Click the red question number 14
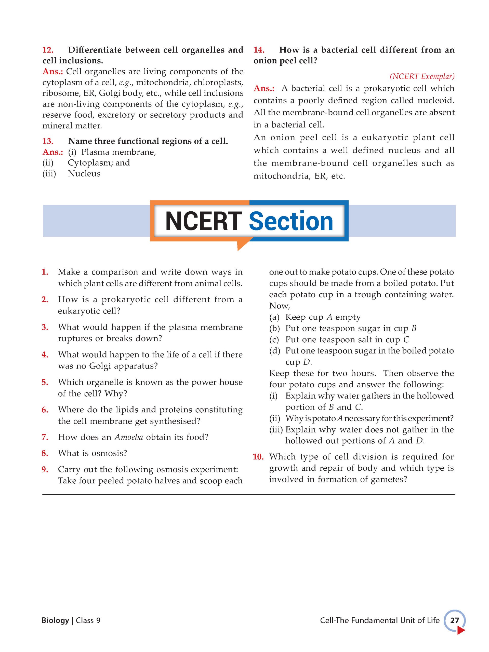click(259, 50)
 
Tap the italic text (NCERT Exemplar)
click(422, 76)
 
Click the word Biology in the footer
click(55, 620)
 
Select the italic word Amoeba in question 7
click(129, 437)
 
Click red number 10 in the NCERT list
click(258, 457)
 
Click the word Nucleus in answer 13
click(84, 174)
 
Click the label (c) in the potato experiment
click(274, 340)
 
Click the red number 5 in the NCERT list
click(45, 382)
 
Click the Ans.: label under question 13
click(53, 152)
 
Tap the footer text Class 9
click(88, 620)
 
